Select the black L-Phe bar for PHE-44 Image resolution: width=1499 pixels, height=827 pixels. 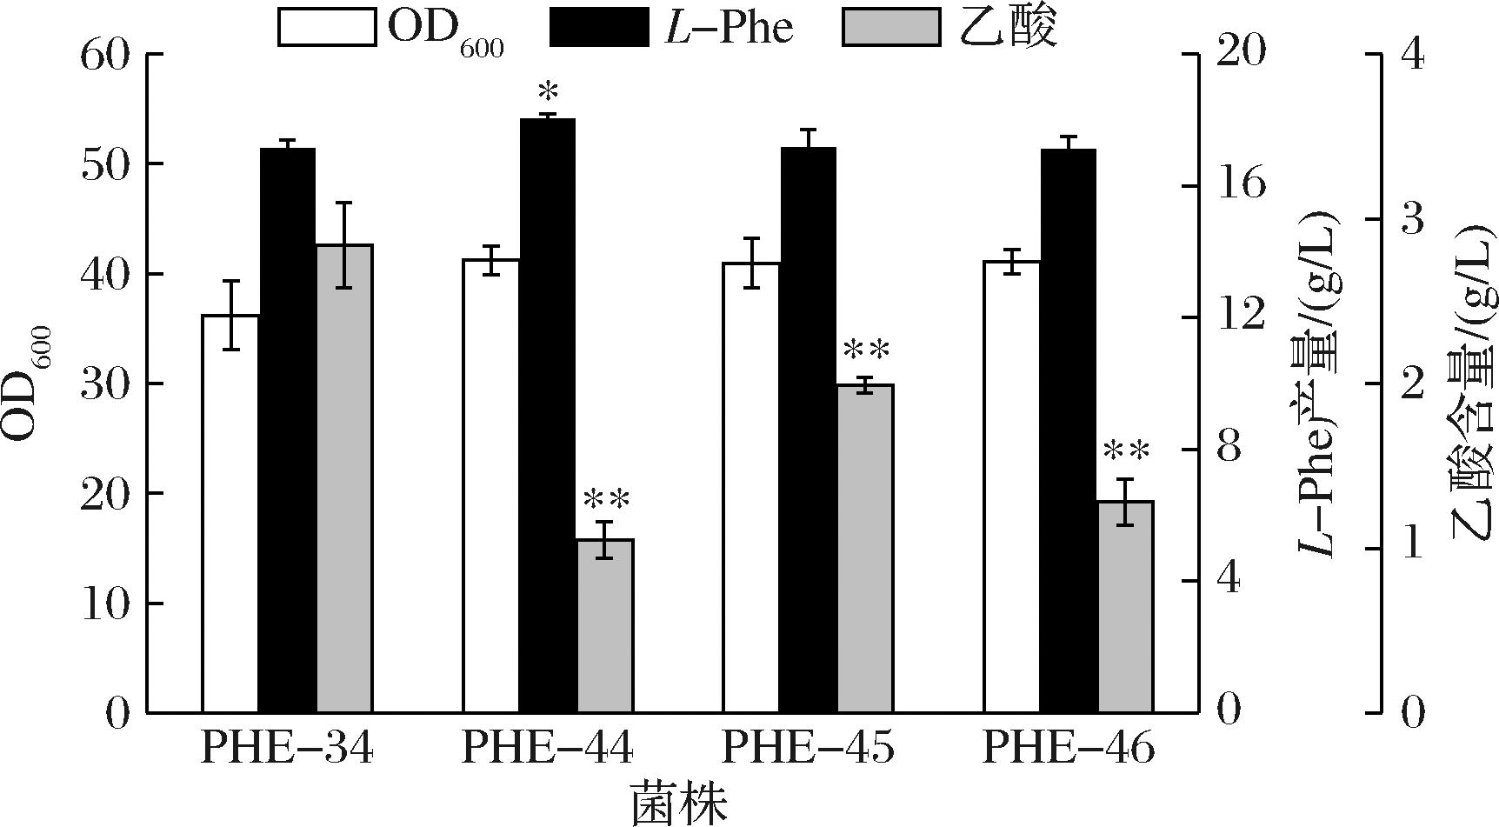coord(548,416)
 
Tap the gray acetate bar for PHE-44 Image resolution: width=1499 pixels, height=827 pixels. coord(605,626)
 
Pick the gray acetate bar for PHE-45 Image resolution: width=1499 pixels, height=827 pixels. coord(865,548)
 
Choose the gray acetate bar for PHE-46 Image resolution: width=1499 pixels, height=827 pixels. coord(1126,607)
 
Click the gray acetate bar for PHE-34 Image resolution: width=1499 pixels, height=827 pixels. coord(344,478)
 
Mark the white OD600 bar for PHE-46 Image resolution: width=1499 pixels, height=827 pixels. coord(1011,487)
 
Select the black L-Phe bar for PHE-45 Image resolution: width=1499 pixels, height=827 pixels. coord(808,430)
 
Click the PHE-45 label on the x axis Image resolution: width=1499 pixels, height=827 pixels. coord(808,749)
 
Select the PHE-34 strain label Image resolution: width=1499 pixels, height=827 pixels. coord(287,749)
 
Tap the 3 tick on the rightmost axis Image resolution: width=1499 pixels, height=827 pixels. coord(1413,219)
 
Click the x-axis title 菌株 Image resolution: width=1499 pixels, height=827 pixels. coord(678,804)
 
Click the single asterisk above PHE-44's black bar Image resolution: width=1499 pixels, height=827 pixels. coord(548,91)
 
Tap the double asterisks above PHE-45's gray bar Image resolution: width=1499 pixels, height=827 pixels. coord(866,351)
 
